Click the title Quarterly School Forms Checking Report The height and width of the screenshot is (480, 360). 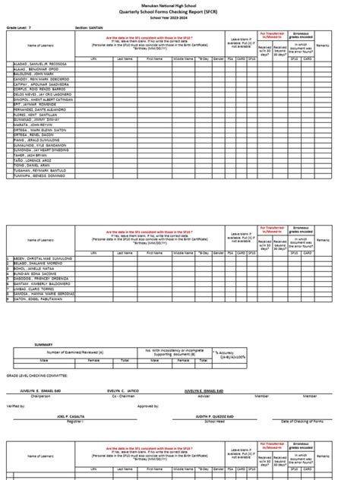[181, 14]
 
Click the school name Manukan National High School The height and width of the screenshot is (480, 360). [181, 7]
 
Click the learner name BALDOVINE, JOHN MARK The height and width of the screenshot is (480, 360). [37, 74]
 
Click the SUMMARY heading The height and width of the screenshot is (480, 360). [43, 344]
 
